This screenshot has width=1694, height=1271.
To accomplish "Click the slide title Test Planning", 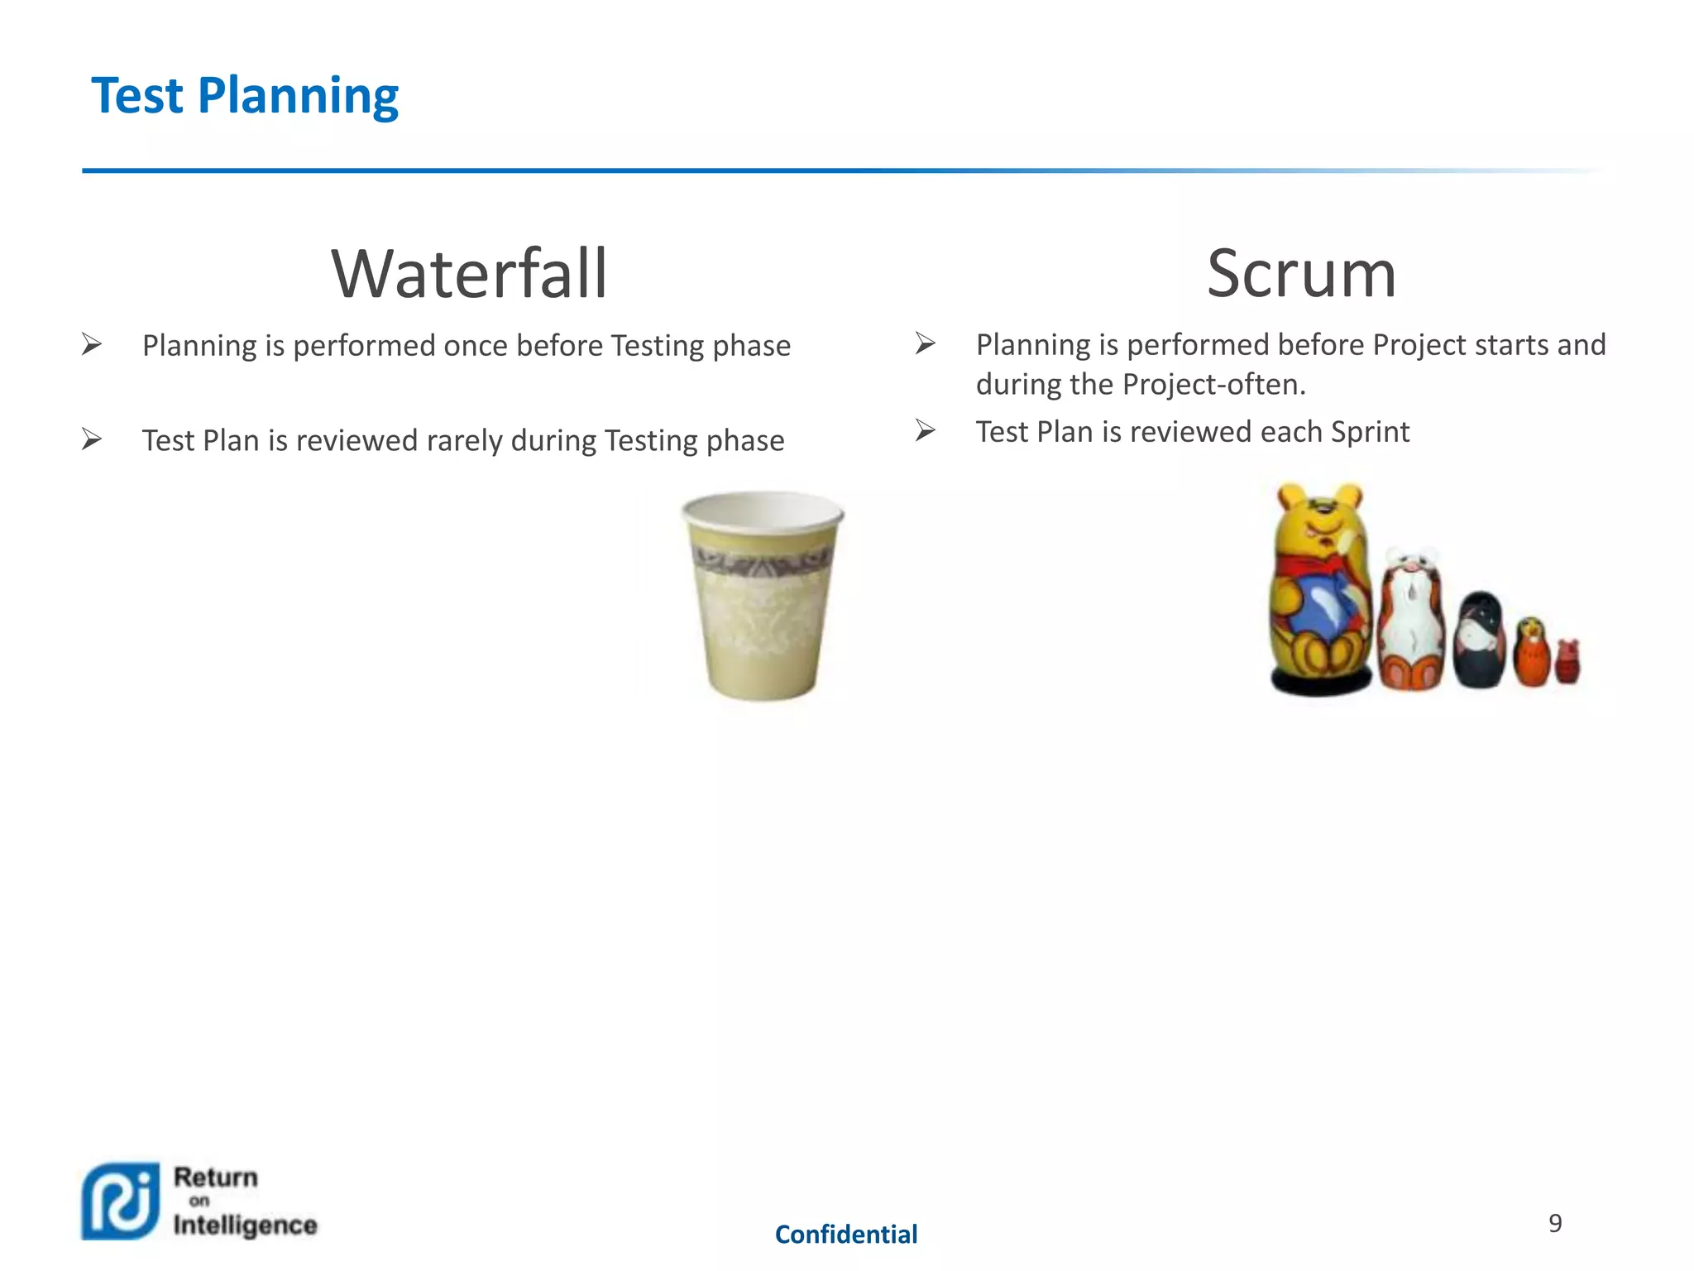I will (x=245, y=96).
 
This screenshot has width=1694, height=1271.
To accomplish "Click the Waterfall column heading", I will (x=469, y=274).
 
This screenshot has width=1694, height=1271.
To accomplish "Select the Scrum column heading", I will (x=1301, y=274).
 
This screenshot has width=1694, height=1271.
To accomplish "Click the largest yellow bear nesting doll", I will (x=1318, y=592).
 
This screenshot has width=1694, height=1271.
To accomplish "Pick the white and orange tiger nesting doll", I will (x=1412, y=621).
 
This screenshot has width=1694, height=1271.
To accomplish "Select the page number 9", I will (x=1555, y=1223).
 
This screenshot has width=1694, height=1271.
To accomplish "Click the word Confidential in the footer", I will (x=845, y=1235).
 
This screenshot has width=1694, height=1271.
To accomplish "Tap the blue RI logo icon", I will (x=121, y=1201).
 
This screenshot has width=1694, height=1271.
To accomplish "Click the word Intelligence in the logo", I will (x=245, y=1225).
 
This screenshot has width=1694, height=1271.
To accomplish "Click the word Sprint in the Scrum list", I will (x=1370, y=432).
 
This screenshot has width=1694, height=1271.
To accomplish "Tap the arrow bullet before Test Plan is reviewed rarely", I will (x=92, y=439).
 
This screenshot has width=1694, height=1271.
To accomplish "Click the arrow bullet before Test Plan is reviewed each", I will (x=925, y=430).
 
